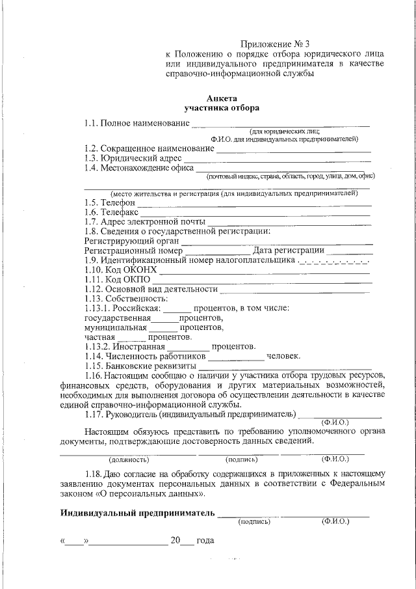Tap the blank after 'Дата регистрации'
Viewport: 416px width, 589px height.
tap(350, 251)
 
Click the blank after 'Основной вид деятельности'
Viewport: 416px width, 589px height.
tap(296, 290)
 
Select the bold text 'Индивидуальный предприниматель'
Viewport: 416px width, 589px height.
tap(137, 513)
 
